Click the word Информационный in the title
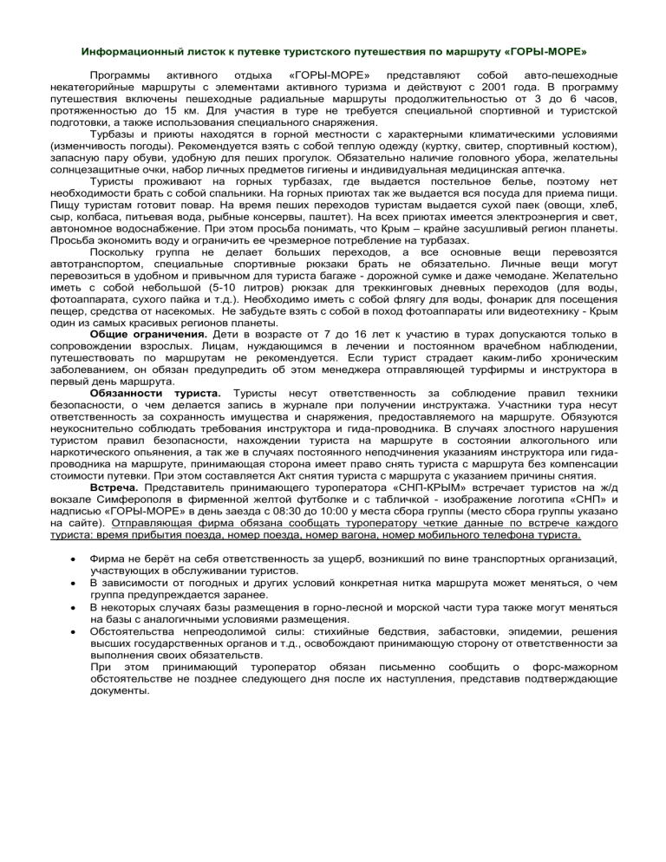127,41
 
